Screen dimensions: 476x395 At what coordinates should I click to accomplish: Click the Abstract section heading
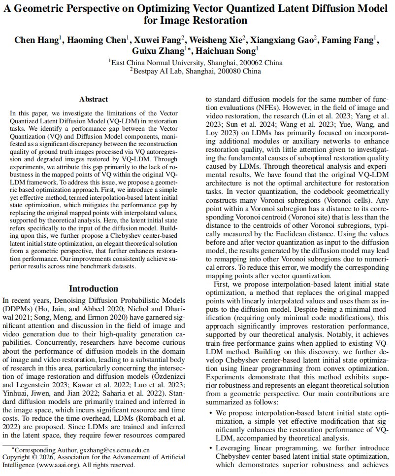(x=94, y=99)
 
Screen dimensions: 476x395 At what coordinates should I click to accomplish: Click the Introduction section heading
(x=94, y=289)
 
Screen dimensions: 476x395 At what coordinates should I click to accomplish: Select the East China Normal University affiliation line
(x=196, y=63)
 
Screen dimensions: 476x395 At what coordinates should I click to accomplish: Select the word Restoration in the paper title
(x=219, y=20)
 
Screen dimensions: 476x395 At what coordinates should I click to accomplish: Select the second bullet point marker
(x=211, y=448)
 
